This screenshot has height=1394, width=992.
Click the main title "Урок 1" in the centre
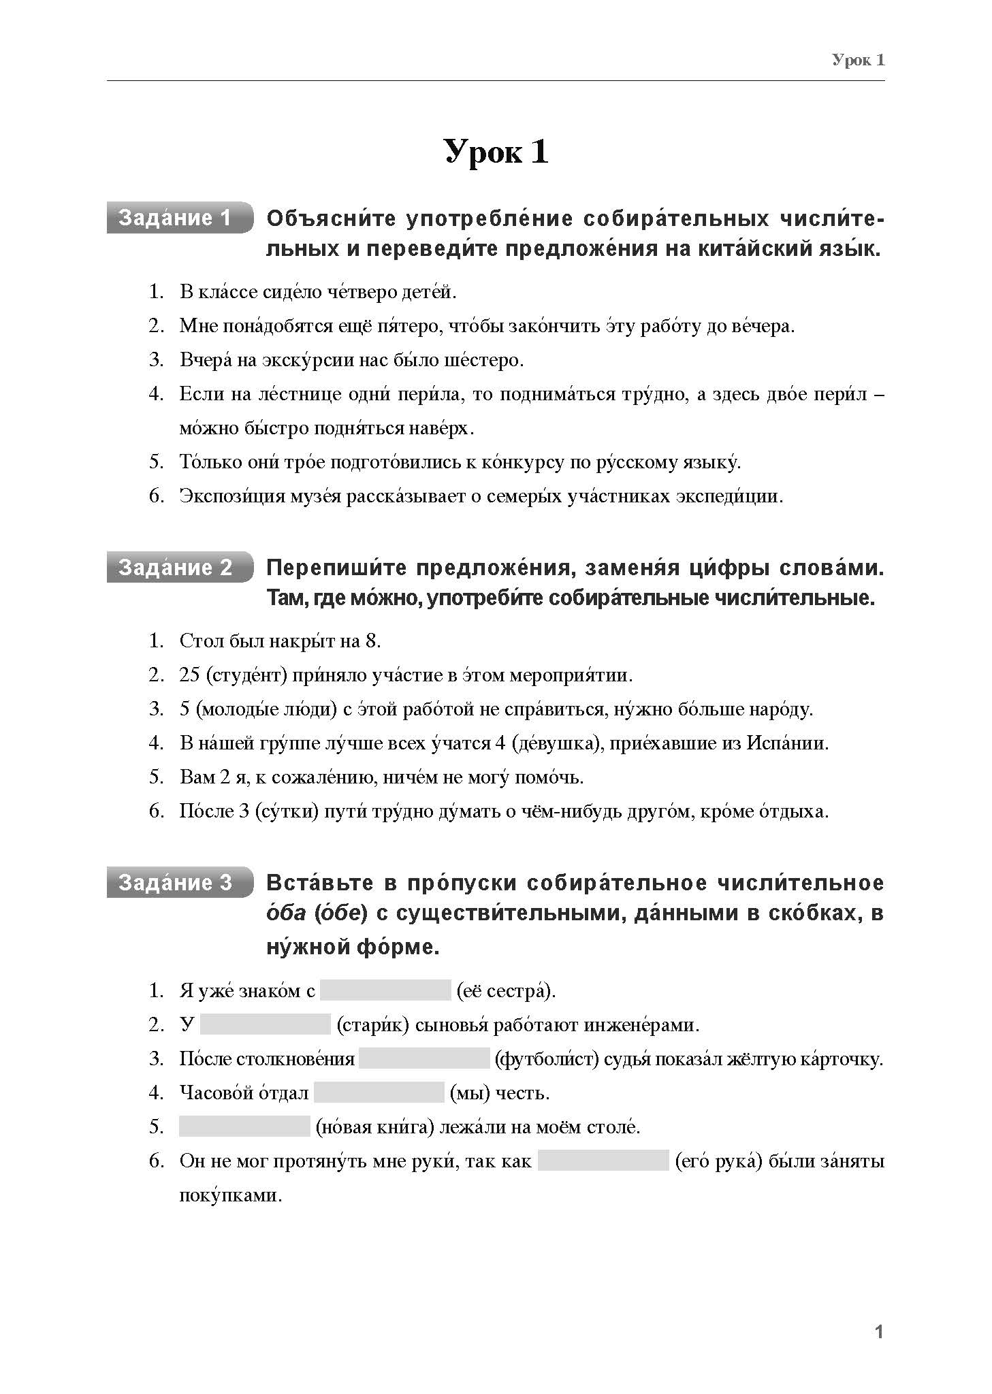click(x=496, y=151)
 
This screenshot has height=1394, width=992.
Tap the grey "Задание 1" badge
click(x=176, y=218)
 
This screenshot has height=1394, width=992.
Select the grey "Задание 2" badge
click(x=176, y=568)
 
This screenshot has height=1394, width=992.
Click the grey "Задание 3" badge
click(x=176, y=883)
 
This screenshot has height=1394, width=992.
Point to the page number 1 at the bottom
click(x=879, y=1332)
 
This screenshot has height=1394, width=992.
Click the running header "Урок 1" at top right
click(x=858, y=60)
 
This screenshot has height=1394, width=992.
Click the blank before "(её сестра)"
click(x=385, y=990)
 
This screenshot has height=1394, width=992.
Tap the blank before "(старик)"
click(x=266, y=1024)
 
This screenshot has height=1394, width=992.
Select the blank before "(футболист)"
click(x=424, y=1058)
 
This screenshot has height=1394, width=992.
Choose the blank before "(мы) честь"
click(x=379, y=1092)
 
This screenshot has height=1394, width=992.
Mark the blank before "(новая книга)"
click(x=244, y=1126)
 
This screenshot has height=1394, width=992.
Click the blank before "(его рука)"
click(x=603, y=1161)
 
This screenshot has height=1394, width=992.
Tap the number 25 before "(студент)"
click(x=189, y=675)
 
